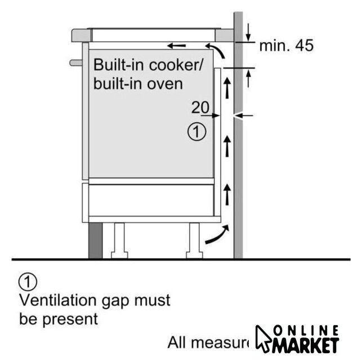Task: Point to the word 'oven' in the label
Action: point(167,84)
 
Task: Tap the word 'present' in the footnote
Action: point(69,319)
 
